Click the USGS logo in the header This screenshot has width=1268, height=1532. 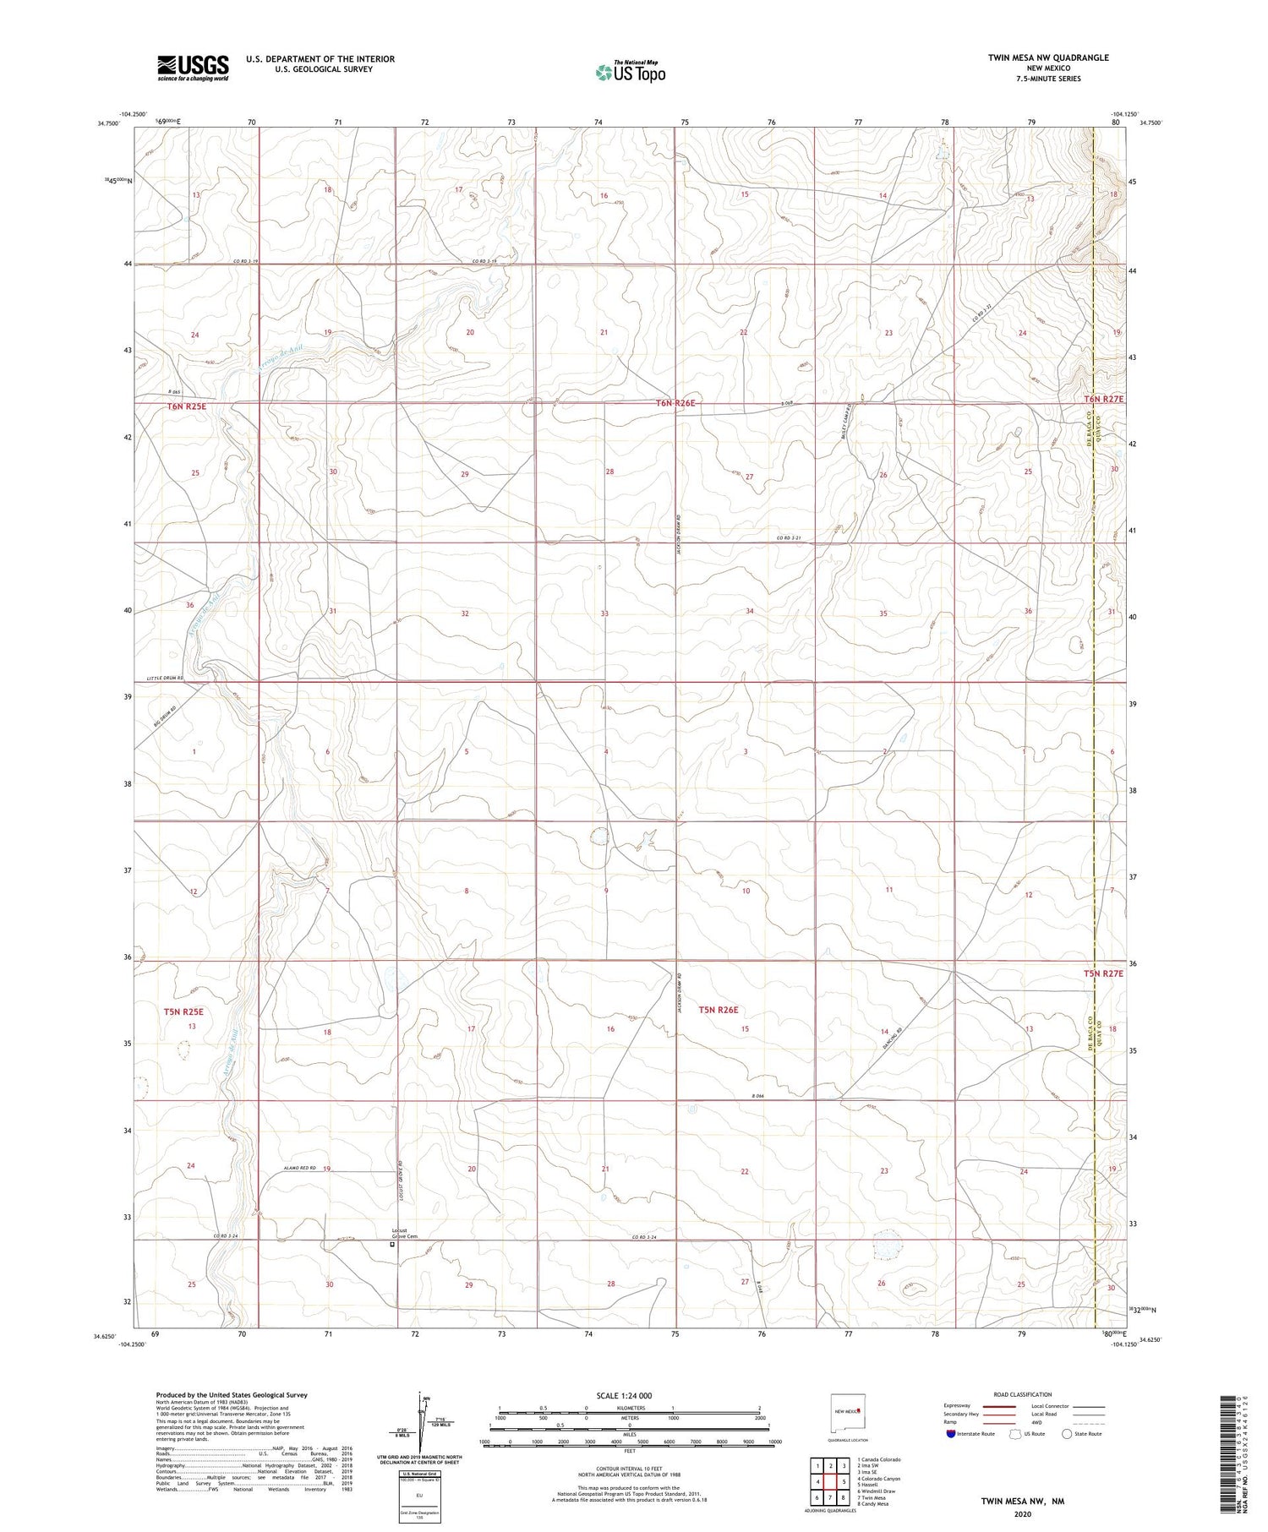pos(193,67)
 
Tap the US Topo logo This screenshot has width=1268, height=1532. pos(630,72)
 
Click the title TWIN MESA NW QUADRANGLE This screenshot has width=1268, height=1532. pos(1048,57)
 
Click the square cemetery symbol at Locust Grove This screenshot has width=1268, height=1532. pos(391,1245)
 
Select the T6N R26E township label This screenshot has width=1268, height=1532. pos(675,403)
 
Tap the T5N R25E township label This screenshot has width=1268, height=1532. pos(184,1011)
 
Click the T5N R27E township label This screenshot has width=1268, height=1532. pos(1104,973)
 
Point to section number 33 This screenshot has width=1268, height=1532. pos(604,613)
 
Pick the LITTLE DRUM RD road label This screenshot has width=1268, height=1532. pos(165,679)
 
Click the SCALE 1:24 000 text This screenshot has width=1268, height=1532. pos(624,1395)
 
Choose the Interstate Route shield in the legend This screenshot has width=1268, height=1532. pos(951,1434)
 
